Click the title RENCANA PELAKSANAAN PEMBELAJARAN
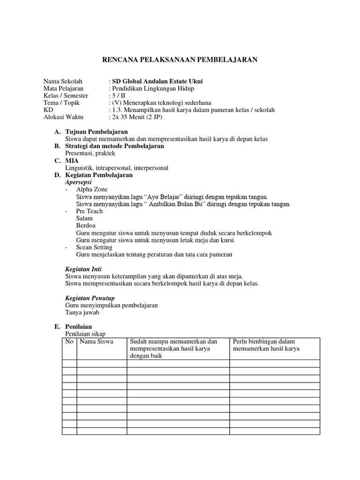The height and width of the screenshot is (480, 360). (180, 60)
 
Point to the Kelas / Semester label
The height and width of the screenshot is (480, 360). (66, 96)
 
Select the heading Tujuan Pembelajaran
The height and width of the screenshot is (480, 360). (97, 132)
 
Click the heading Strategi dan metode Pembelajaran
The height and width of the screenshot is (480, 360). (114, 146)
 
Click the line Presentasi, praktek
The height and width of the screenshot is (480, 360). (90, 153)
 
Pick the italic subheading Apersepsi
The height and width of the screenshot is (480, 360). (78, 182)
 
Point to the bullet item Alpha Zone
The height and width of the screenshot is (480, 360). (91, 189)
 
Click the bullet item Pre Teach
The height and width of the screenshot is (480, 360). (89, 211)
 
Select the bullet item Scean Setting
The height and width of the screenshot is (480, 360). (94, 247)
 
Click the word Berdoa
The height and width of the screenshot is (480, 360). (85, 225)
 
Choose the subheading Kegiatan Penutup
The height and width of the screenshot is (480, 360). (89, 298)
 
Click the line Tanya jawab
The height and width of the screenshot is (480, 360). (82, 312)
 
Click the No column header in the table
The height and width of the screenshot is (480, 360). (69, 342)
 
